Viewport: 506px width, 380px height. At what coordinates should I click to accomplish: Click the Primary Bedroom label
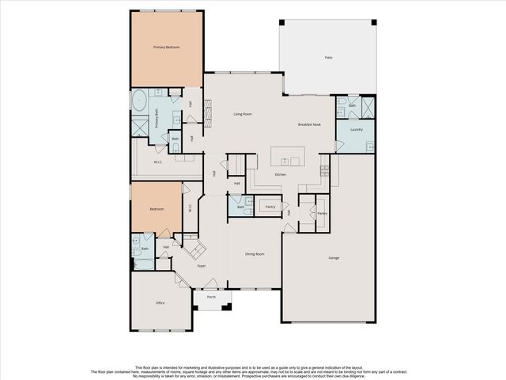166,48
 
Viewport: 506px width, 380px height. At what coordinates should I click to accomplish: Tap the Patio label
328,58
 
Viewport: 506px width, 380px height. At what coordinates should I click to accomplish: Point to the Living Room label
242,114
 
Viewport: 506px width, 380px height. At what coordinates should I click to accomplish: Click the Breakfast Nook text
309,124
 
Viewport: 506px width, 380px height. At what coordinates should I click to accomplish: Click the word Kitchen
280,174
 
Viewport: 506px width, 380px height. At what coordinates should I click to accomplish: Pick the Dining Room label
255,254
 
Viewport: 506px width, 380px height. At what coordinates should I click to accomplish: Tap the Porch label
211,298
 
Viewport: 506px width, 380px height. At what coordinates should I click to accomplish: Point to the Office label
160,302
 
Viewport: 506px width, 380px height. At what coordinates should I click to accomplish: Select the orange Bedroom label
157,209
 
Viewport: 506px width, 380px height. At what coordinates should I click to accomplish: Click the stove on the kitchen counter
323,169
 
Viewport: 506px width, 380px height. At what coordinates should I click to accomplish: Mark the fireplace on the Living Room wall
208,114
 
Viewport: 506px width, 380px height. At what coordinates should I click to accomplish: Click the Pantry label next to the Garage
322,213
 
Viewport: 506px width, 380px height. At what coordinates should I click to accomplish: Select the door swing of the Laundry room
340,146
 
